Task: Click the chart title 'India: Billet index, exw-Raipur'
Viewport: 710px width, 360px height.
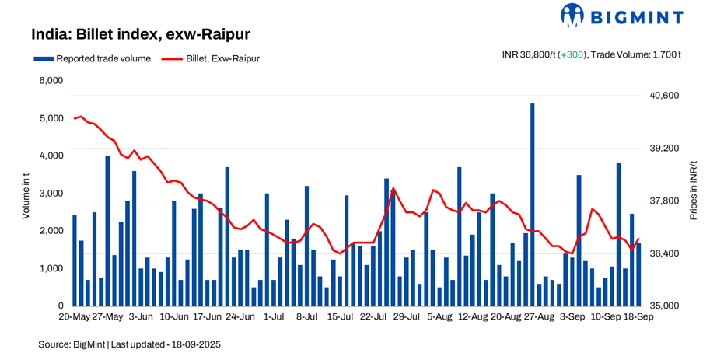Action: click(x=140, y=35)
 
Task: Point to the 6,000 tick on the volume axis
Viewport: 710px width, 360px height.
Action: click(x=51, y=81)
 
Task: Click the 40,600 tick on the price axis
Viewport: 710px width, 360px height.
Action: click(x=664, y=96)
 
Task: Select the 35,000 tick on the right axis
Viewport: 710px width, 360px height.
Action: click(x=664, y=306)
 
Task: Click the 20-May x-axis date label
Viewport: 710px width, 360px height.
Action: click(x=75, y=317)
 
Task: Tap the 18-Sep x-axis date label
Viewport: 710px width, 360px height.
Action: click(x=638, y=317)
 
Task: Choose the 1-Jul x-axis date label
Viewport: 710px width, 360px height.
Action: click(x=274, y=317)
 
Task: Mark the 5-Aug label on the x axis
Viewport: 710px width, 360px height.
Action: click(x=439, y=317)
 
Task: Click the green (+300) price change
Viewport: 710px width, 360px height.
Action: click(x=572, y=54)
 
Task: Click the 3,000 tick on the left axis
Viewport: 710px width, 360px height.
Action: click(x=51, y=194)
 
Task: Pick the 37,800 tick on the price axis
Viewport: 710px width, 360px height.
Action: click(x=664, y=201)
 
